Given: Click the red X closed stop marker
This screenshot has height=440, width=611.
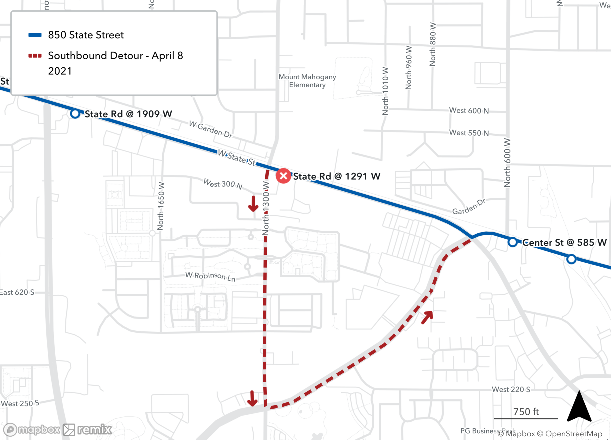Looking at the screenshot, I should click(x=283, y=176).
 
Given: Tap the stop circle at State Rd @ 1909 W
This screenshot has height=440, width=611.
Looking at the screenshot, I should click(x=75, y=114).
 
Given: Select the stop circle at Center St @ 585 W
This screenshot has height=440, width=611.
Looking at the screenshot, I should click(x=512, y=242).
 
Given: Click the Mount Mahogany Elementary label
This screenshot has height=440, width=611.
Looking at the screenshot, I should click(x=307, y=81).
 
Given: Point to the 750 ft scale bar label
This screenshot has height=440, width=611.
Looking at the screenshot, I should click(x=526, y=412).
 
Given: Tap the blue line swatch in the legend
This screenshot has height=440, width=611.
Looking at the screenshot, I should click(x=35, y=35).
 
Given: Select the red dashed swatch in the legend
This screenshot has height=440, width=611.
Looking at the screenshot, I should click(x=35, y=56).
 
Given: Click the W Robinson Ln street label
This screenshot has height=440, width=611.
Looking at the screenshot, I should click(x=210, y=276).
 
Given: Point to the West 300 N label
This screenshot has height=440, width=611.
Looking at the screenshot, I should click(x=223, y=184).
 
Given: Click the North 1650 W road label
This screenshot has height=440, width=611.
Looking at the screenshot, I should click(x=161, y=206).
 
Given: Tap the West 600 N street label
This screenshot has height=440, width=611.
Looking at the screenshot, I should click(x=469, y=110).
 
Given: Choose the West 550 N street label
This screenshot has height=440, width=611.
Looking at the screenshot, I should click(x=469, y=133).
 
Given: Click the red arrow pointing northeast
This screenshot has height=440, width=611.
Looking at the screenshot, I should click(x=427, y=317).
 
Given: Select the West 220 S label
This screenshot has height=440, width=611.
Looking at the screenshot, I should click(x=510, y=389).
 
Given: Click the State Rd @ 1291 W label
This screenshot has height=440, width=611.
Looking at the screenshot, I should click(x=336, y=176).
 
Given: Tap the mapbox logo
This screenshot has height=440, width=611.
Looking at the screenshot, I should click(x=32, y=430).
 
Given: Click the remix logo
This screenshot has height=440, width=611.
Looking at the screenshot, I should click(x=87, y=430).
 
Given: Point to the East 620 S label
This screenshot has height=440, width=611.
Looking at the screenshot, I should click(x=17, y=292).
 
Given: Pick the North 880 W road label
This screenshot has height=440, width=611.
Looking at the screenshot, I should click(x=433, y=44).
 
